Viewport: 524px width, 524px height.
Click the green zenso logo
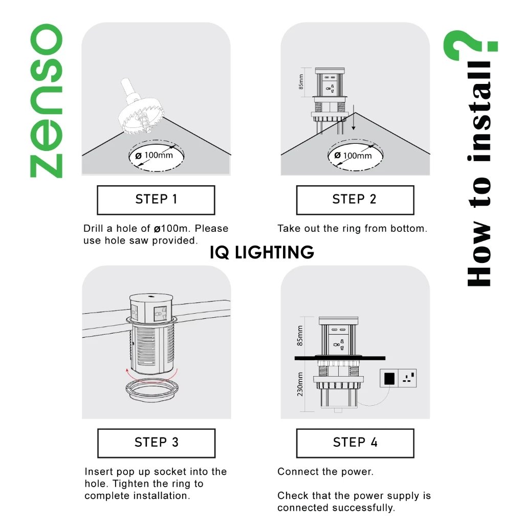tap(47, 101)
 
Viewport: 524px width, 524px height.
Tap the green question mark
tap(470, 45)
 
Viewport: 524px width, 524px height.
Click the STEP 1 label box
tap(156, 200)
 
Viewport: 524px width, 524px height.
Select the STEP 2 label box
tap(355, 200)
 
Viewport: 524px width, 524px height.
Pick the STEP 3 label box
tap(157, 443)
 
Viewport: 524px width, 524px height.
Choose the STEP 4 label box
tap(355, 443)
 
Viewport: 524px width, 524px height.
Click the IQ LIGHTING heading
tap(262, 252)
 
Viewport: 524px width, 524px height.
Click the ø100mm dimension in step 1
tap(154, 156)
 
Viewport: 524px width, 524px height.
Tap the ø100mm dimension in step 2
tap(353, 156)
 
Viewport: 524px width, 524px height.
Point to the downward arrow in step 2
tap(353, 117)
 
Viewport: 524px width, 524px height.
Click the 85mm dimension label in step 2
tap(301, 82)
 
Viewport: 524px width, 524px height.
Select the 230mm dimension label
tap(300, 384)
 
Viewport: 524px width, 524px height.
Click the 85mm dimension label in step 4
tap(300, 336)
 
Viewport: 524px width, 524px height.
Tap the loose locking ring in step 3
tap(152, 389)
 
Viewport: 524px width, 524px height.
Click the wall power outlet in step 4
tap(398, 378)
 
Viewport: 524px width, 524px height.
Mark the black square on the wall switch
tap(389, 379)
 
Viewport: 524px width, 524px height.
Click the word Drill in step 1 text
tap(93, 229)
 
